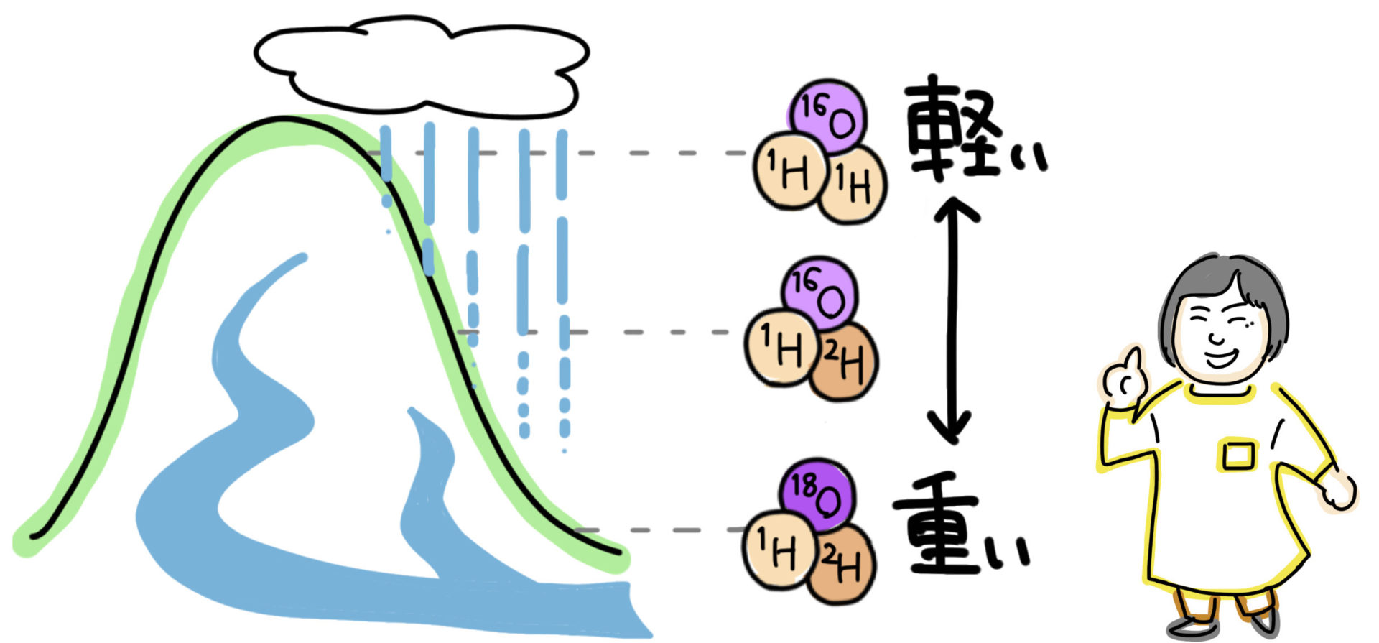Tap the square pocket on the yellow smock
tap(1237, 454)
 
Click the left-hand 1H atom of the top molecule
tap(789, 171)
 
